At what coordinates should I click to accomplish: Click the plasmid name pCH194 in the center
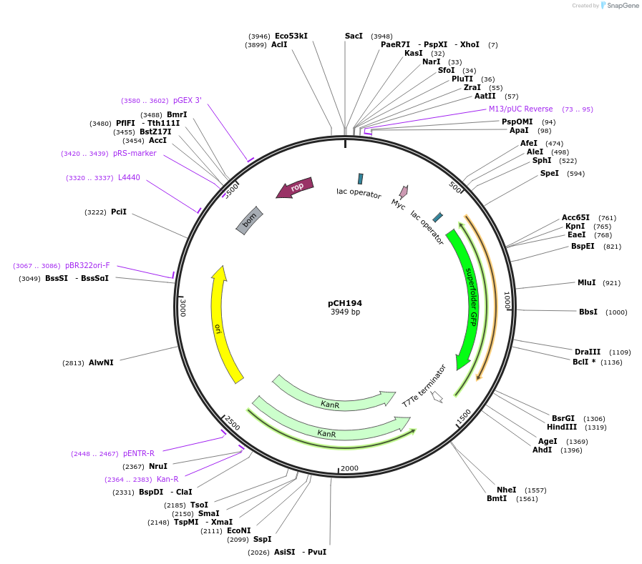point(345,303)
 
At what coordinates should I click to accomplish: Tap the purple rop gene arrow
point(295,188)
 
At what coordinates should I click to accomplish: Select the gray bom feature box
point(250,220)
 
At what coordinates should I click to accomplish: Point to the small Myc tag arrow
point(404,192)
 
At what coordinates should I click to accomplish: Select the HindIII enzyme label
point(562,427)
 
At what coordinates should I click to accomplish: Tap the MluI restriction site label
point(586,282)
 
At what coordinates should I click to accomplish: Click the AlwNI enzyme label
point(101,362)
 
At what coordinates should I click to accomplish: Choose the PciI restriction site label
point(119,212)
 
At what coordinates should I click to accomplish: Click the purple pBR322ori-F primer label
point(87,265)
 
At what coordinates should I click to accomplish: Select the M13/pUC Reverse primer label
point(520,109)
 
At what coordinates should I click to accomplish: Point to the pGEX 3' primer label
point(188,100)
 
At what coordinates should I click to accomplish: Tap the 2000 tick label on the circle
point(349,467)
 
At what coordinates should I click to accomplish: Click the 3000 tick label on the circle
point(183,308)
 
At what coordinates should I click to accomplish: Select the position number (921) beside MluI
point(611,283)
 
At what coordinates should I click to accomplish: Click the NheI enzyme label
point(506,490)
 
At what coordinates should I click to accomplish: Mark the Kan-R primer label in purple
point(167,479)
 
